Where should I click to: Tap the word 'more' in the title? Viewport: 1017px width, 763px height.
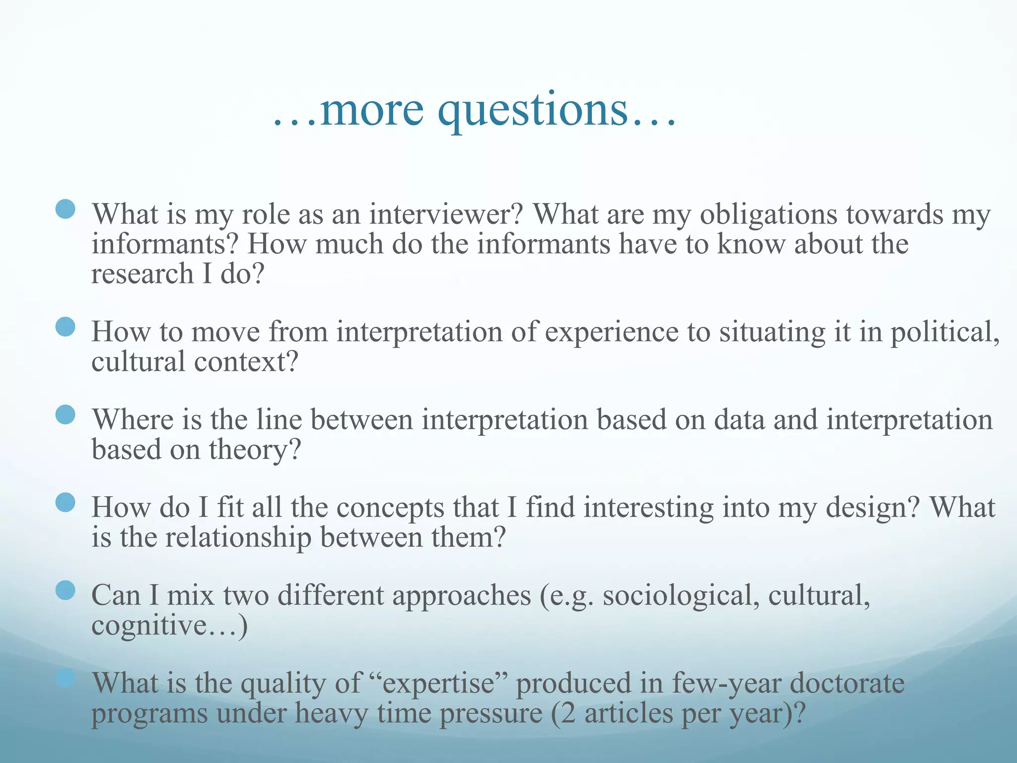pos(372,110)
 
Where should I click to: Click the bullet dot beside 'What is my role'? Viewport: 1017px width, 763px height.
pos(66,209)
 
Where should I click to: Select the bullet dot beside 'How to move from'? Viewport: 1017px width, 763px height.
pos(66,327)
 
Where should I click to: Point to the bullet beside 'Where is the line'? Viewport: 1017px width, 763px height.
pos(66,415)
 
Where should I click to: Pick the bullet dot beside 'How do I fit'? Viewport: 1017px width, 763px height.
pos(66,503)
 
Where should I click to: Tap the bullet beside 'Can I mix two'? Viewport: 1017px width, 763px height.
pos(66,591)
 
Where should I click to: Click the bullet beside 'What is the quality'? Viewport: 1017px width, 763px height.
pos(66,678)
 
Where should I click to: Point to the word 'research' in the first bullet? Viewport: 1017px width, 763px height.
pos(142,274)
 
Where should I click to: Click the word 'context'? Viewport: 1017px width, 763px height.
pos(246,362)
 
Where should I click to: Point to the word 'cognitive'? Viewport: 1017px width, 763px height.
pos(149,625)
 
